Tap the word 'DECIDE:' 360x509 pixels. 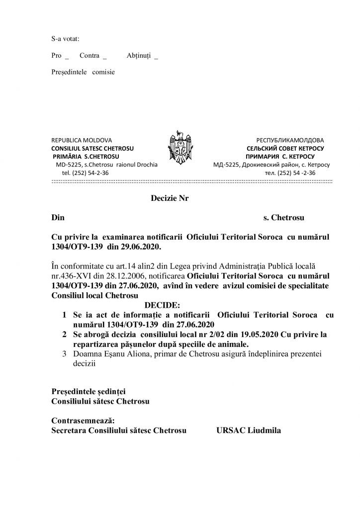click(x=163, y=304)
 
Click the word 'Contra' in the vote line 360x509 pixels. click(x=89, y=56)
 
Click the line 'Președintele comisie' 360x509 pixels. click(x=83, y=72)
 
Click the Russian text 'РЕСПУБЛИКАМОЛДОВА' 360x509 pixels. click(x=290, y=141)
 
